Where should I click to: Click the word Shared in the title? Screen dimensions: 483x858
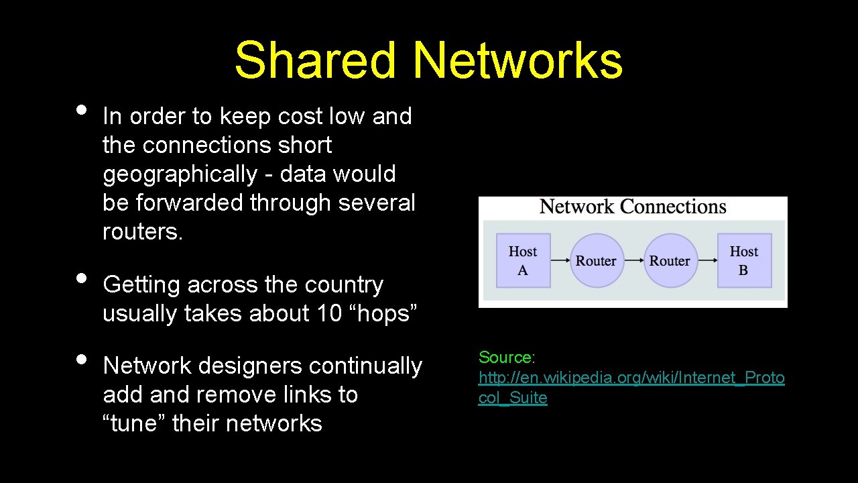315,60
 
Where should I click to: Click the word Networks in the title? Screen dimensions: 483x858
517,60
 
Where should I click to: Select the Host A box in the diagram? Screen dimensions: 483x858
523,260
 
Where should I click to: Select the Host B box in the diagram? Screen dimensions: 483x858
744,260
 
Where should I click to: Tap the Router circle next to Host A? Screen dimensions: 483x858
597,260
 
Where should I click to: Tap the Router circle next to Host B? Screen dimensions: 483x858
670,260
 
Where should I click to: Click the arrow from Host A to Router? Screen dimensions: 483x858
560,261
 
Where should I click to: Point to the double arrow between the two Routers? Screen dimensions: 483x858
633,261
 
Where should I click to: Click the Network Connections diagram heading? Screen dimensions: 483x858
633,207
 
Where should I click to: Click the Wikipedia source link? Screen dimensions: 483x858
631,378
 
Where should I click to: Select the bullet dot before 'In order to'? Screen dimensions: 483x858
81,110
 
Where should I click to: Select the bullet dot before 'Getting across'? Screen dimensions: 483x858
81,278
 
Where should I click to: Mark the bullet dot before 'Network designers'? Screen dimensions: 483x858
81,359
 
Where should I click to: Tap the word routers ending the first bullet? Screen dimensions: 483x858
142,231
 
